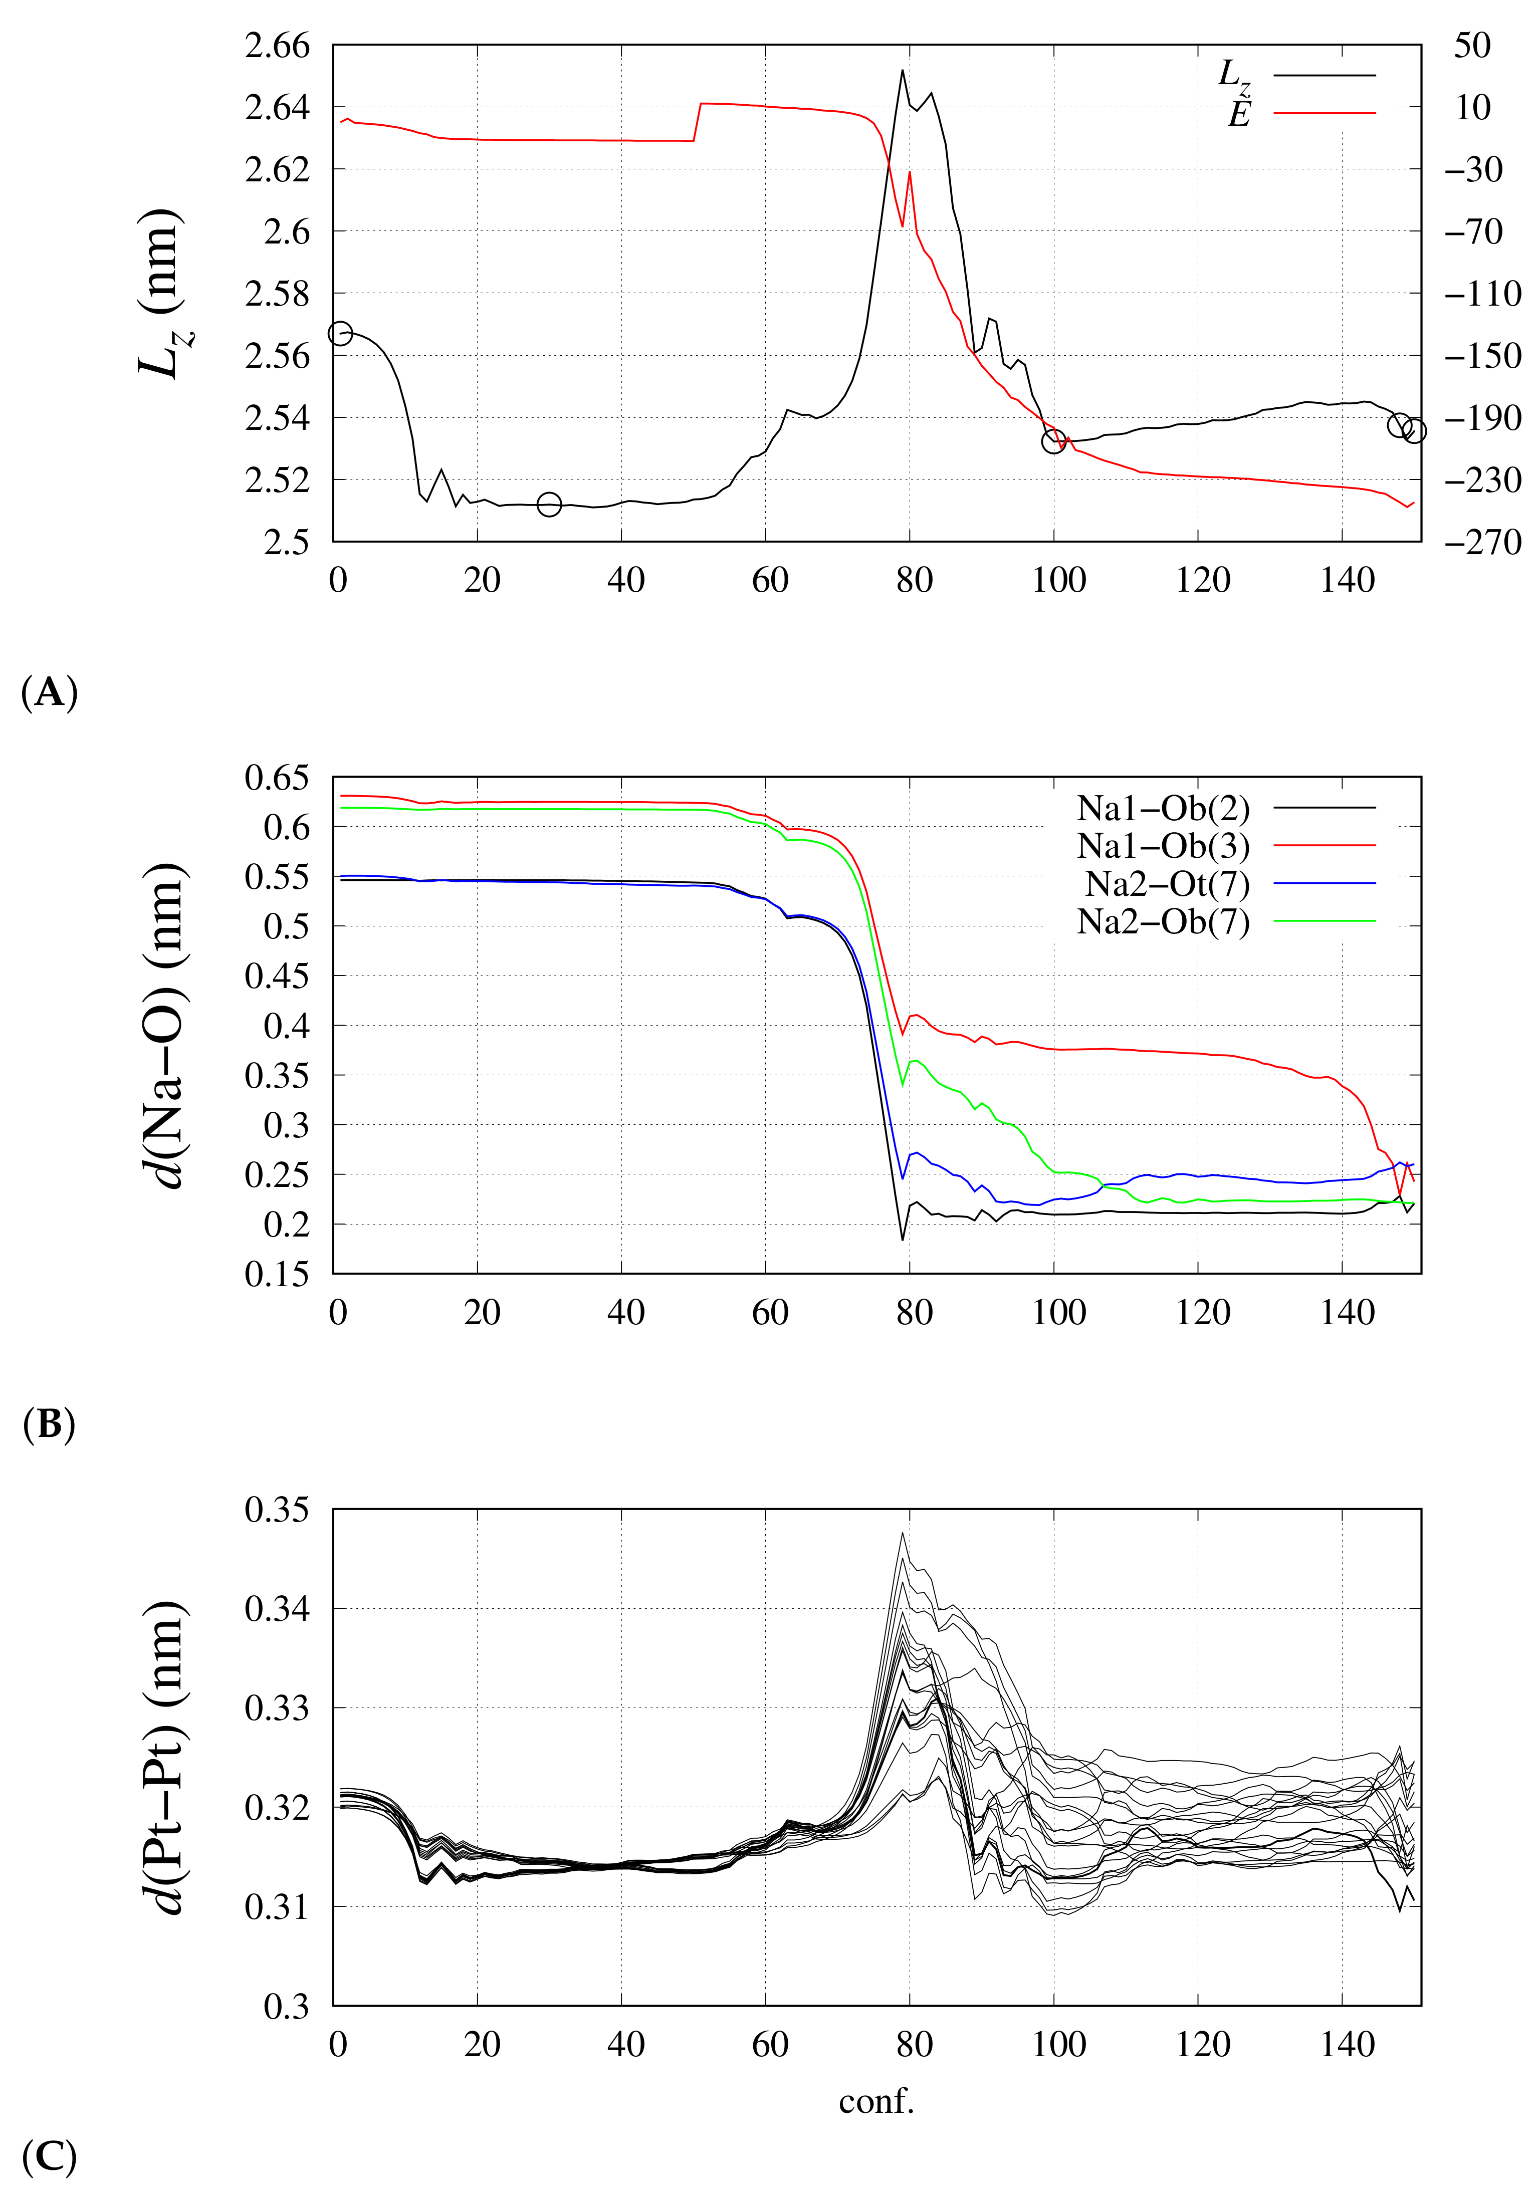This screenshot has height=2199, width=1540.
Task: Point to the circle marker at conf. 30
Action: click(549, 504)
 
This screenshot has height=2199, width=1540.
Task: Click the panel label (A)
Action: click(49, 691)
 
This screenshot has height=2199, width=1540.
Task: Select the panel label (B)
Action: click(49, 1424)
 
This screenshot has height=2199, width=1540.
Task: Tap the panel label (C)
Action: click(49, 2156)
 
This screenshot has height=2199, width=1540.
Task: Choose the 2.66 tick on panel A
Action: click(278, 45)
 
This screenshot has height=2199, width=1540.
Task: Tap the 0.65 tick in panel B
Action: click(278, 778)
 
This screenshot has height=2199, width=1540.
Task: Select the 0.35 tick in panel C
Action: click(278, 1510)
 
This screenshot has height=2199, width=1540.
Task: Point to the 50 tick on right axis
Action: click(1472, 45)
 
